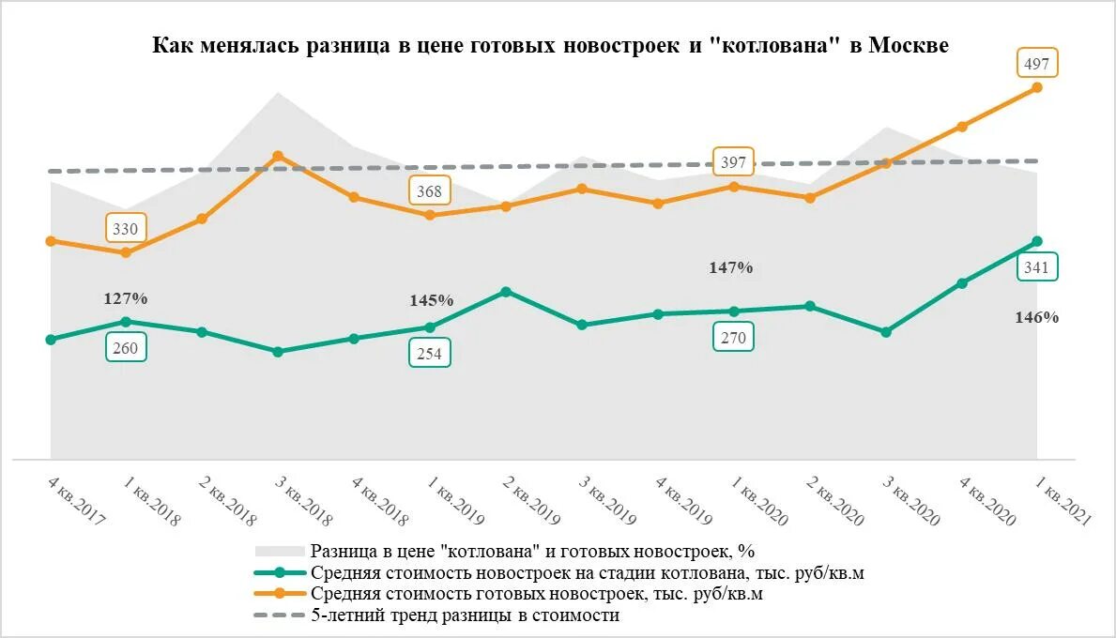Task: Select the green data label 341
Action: (1037, 267)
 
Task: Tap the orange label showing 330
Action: (126, 229)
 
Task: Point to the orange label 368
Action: (430, 191)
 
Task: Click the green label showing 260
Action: (126, 349)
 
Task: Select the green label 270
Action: (734, 338)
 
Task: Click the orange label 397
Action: (734, 163)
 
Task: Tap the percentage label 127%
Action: (126, 298)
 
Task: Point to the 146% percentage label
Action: (1037, 317)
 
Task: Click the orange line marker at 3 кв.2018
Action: (278, 156)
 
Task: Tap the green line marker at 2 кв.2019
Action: (506, 292)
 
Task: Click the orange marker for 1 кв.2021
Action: (1037, 87)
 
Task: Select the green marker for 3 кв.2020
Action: (886, 332)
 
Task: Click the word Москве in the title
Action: (909, 46)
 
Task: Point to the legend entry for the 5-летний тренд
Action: (466, 615)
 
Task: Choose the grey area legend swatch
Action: (280, 552)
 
